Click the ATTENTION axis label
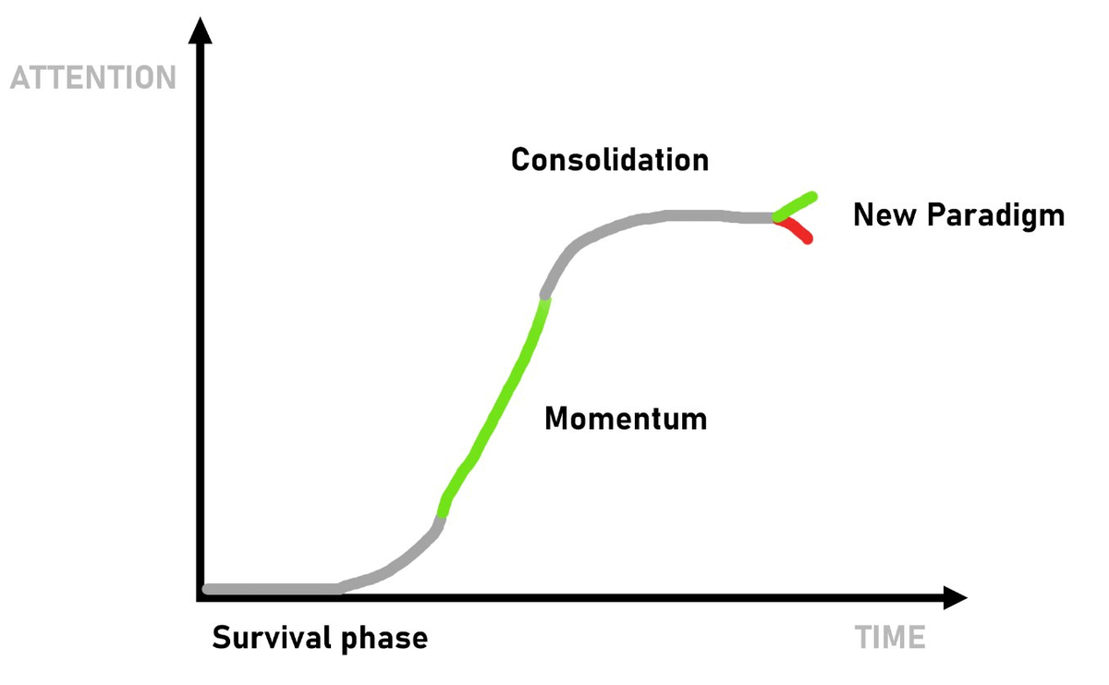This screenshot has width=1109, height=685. pos(93,78)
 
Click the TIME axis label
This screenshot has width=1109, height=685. pos(890,637)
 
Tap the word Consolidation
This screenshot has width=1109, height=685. pos(610,160)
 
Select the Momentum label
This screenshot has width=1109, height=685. pos(626,419)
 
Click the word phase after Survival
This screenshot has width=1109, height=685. pos(384,639)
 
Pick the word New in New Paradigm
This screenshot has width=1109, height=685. pos(884,215)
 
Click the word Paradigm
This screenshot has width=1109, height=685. pos(995,217)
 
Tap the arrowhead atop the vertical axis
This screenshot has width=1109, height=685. pos(201,31)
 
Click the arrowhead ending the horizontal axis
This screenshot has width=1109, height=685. pos(955,597)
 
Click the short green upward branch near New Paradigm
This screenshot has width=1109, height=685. pos(795,206)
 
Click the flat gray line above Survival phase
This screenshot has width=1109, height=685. pos(273,589)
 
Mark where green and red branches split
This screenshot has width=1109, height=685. pos(777,218)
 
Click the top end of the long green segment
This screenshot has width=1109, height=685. pos(545,300)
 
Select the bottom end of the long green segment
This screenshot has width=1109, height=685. pos(441,516)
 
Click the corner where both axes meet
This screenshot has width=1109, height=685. pos(201,597)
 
